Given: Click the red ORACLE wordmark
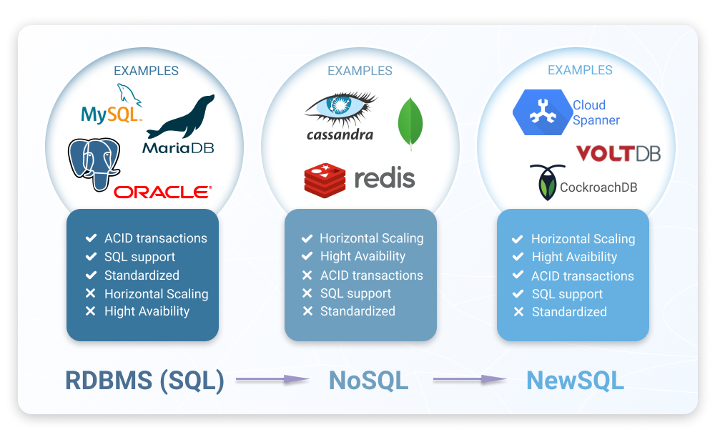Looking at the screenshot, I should tap(163, 192).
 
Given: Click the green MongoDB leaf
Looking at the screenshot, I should tap(410, 122).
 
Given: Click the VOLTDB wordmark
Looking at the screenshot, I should tap(618, 153).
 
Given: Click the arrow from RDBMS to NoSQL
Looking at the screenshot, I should tap(272, 380).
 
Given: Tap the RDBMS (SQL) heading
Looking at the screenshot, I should tap(145, 380).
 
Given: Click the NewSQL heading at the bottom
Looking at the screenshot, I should tap(575, 380).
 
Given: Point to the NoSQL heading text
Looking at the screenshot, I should tap(368, 380).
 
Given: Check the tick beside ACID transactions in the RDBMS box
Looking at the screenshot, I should tap(91, 238).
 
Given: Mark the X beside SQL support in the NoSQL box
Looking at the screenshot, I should tap(307, 293).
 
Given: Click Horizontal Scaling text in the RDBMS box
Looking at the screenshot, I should tap(157, 293).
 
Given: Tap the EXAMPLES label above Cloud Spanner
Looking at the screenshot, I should tap(580, 70).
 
